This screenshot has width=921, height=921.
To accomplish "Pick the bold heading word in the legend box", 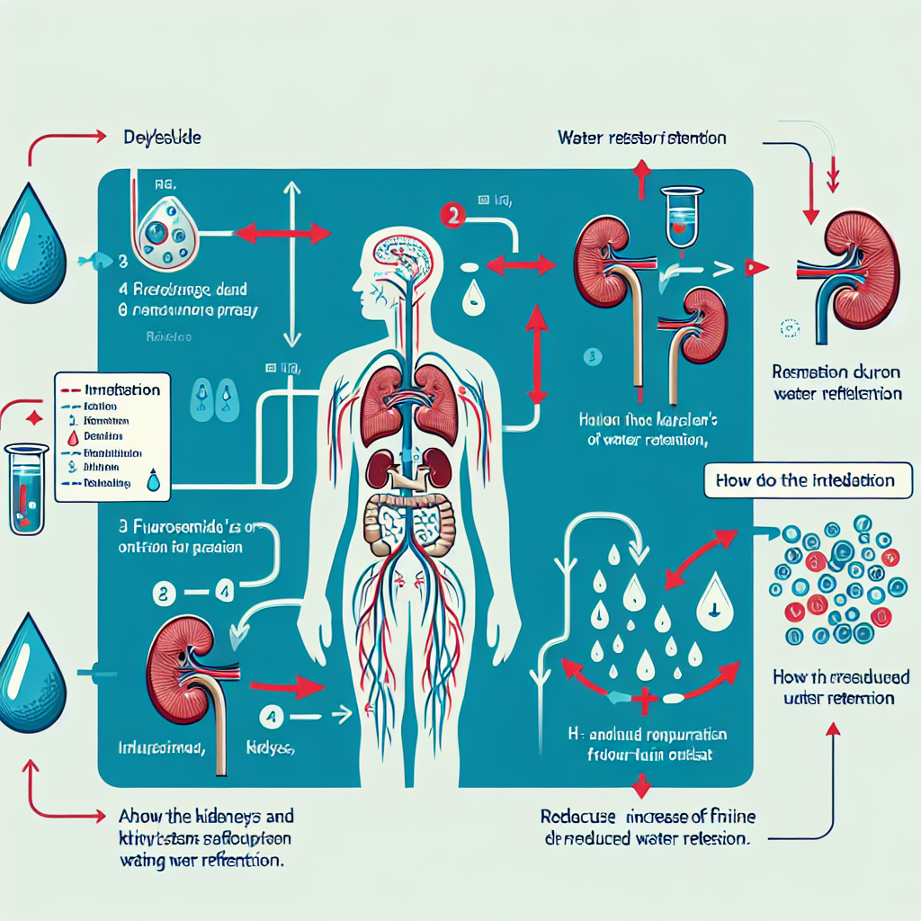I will (x=121, y=390).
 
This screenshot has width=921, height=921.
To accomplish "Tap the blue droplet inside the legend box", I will (x=155, y=482).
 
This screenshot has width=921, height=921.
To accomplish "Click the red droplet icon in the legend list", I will (x=75, y=437).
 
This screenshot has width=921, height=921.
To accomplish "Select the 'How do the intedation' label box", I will (x=805, y=480).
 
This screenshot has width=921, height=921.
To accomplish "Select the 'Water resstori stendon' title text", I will (x=641, y=139).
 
